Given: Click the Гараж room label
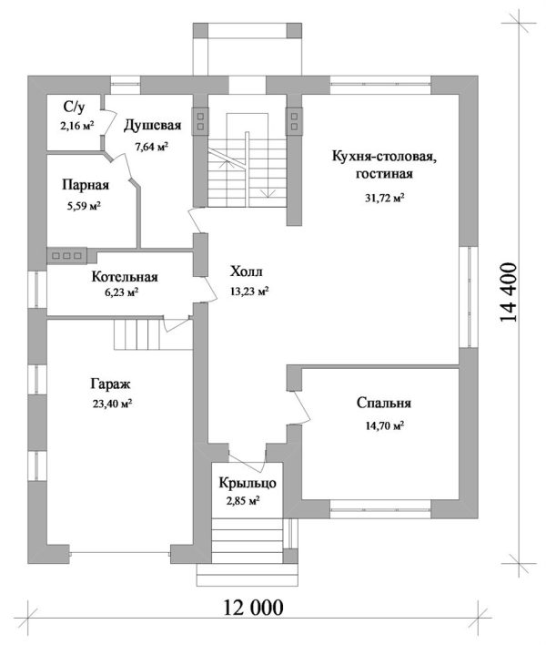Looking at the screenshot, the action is [110, 384].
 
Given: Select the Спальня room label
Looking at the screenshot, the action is [384, 403].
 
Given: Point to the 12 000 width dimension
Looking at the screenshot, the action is [253, 607].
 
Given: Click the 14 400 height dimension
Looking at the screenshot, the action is [508, 293].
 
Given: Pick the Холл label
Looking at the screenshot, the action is [246, 271].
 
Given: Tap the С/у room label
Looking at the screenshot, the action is [75, 107].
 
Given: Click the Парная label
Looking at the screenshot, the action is [86, 185].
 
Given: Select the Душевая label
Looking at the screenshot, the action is [152, 125].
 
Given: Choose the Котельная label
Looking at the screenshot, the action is [125, 276].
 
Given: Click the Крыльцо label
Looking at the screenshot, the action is [248, 483].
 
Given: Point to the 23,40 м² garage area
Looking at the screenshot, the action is [112, 404].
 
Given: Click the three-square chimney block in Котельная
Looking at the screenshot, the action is [67, 255].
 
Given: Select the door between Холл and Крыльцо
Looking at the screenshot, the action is [247, 463].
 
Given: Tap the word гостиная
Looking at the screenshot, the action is [384, 174].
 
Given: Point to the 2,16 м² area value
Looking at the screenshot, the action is [77, 126].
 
